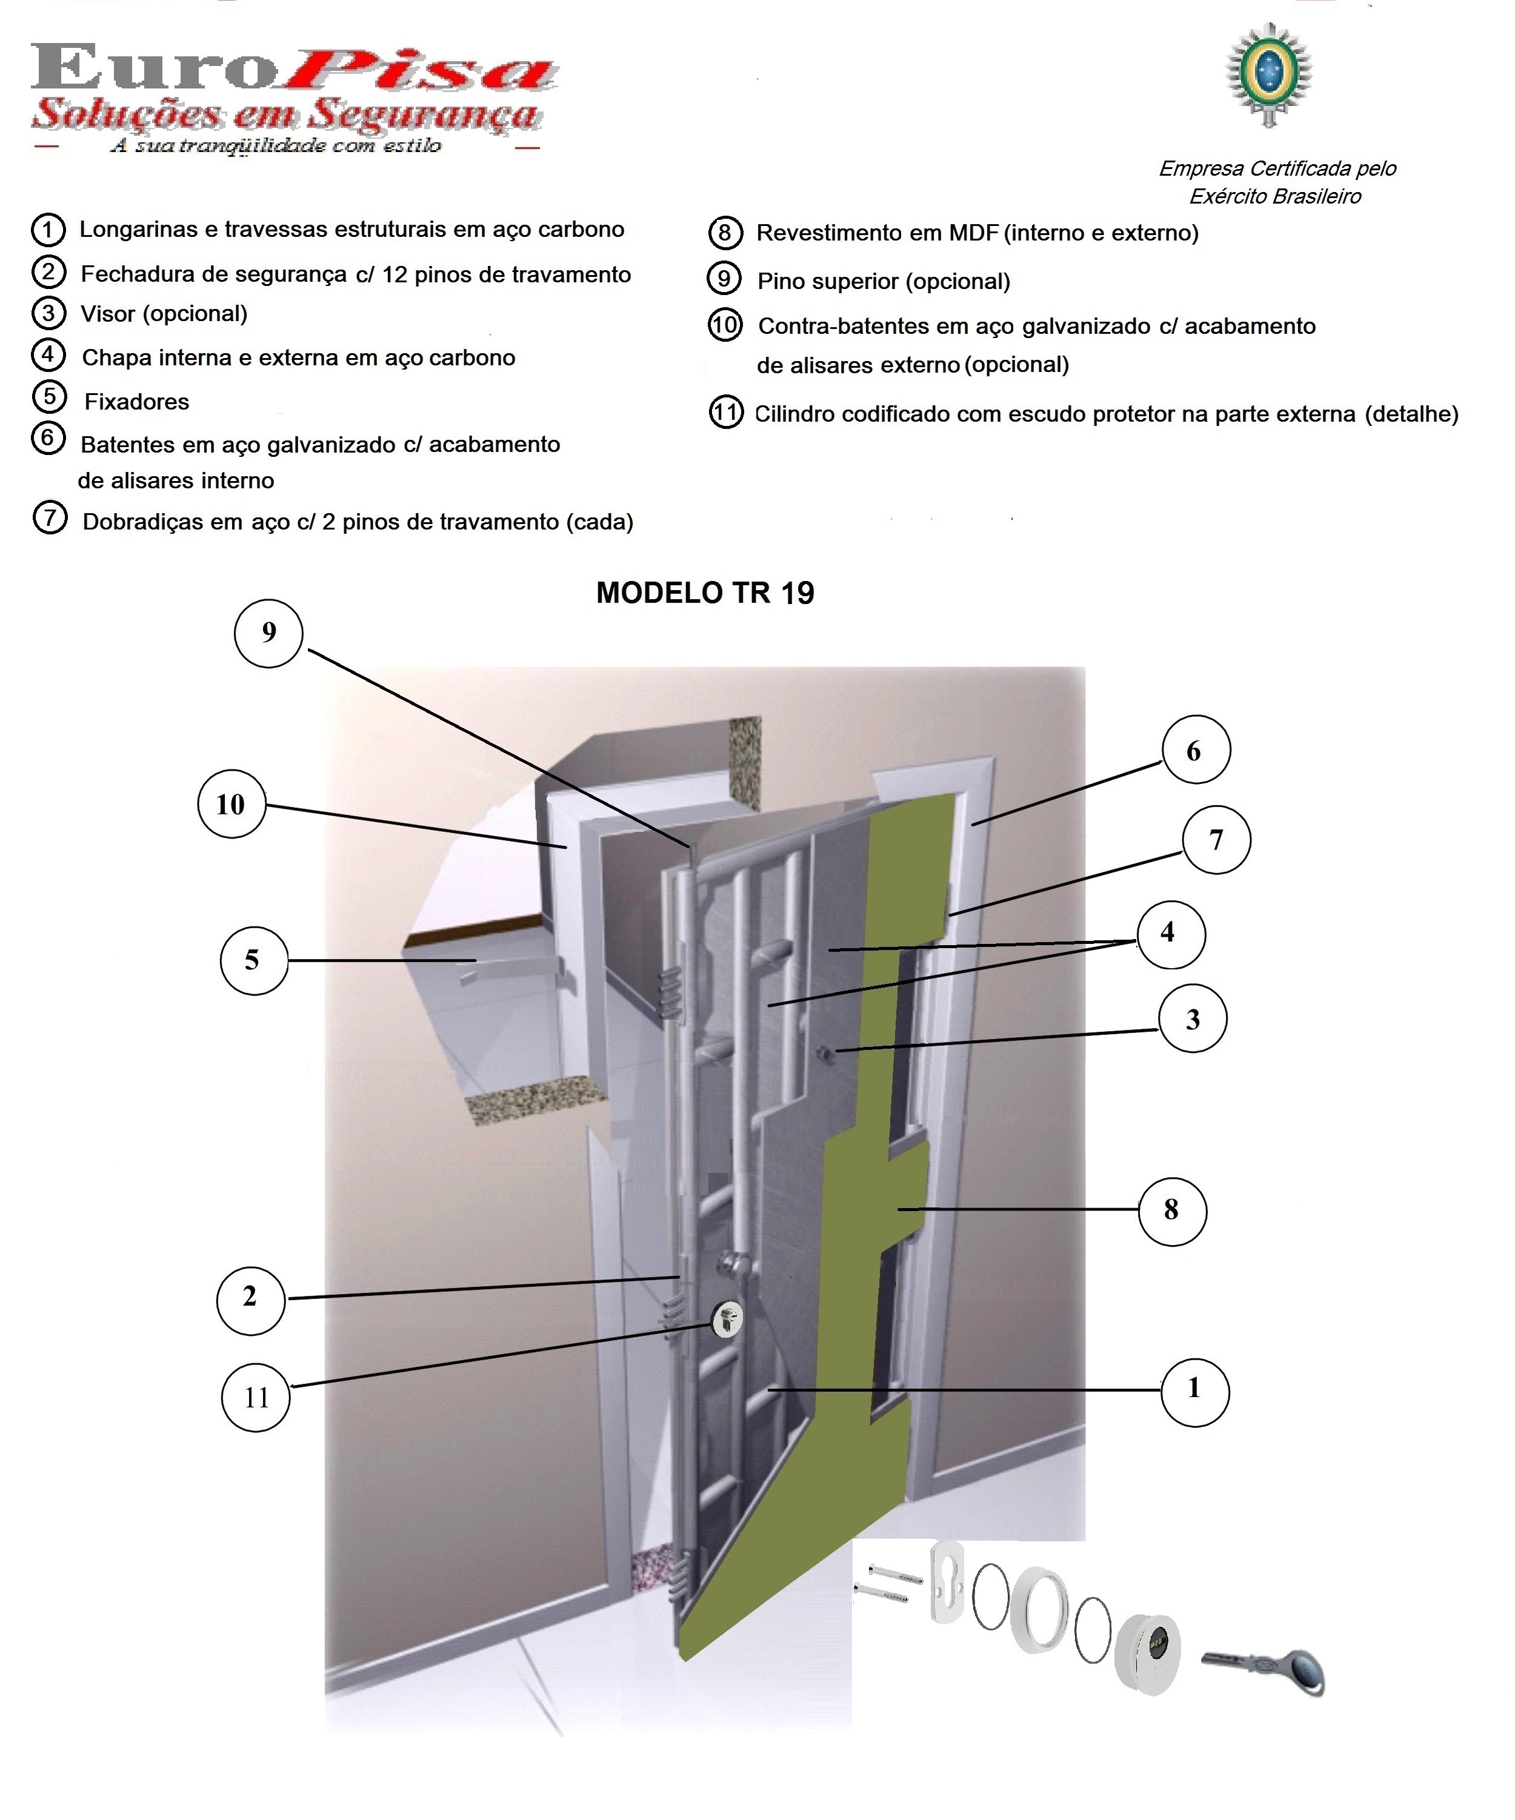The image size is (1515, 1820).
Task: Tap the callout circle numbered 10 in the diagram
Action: coord(231,804)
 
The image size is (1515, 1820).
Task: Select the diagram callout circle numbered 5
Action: coord(253,960)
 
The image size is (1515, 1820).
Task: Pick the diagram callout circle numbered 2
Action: coord(250,1297)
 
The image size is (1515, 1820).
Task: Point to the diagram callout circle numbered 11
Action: coord(256,1397)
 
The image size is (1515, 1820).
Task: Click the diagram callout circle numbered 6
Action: coord(1195,751)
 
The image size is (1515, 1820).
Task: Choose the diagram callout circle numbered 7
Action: coord(1217,840)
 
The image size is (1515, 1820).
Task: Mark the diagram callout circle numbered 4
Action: coord(1170,934)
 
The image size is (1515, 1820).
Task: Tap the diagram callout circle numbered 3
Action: coord(1193,1019)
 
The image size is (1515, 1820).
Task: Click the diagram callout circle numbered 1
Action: coord(1194,1389)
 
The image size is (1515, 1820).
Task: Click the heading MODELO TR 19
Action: coord(705,593)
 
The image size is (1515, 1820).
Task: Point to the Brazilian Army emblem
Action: coord(1269,75)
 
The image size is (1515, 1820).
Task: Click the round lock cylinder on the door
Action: coord(727,1319)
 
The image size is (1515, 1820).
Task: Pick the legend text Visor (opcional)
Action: coord(164,314)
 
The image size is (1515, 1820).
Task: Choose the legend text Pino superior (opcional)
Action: coord(883,282)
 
